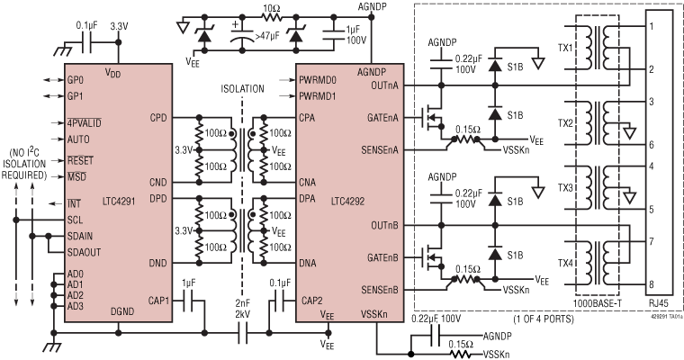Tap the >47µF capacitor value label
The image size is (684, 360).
[265, 39]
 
